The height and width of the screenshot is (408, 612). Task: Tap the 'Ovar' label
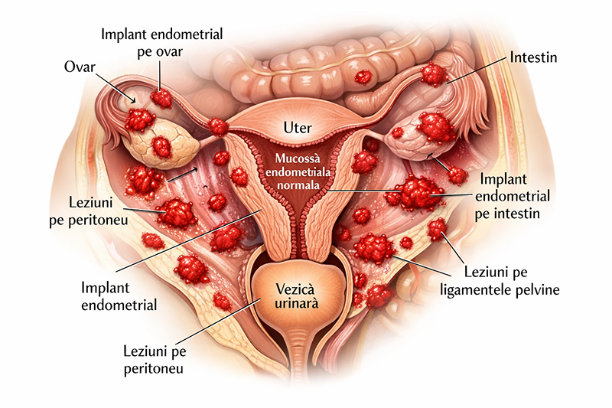point(79,67)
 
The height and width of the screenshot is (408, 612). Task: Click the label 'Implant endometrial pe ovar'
point(162,43)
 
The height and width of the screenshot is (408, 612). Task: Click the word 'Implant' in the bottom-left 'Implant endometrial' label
point(105,289)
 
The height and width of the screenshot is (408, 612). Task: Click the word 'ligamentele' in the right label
point(496,289)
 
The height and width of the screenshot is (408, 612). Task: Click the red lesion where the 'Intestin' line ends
point(434,74)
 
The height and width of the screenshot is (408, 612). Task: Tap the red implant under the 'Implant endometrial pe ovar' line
point(161,97)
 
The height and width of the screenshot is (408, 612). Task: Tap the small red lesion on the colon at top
point(363,77)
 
